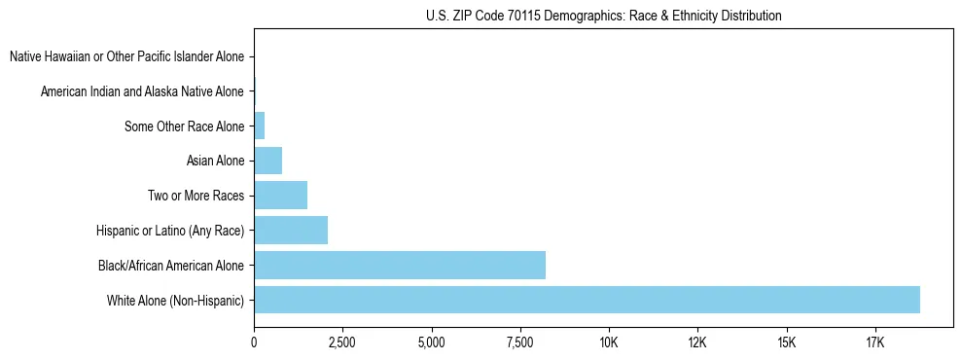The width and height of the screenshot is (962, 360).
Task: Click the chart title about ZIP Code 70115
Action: [x=603, y=16]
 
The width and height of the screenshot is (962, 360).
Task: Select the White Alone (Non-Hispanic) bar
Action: [x=587, y=300]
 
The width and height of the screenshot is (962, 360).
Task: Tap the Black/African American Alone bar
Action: [x=400, y=265]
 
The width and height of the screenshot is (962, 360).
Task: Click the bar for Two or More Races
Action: [x=280, y=195]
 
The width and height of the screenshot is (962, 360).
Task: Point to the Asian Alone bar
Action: [x=267, y=161]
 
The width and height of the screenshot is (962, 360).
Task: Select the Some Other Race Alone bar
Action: [x=259, y=126]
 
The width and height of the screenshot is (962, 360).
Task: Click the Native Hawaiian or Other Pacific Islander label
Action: [x=126, y=56]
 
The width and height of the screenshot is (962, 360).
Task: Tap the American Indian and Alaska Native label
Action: [x=142, y=91]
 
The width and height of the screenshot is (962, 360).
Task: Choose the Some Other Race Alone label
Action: [x=184, y=126]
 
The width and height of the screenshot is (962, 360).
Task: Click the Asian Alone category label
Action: [x=215, y=161]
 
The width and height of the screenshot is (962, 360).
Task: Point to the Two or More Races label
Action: [x=196, y=196]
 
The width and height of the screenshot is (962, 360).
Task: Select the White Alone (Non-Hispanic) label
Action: [x=176, y=300]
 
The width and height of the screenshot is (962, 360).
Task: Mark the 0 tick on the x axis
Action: [x=254, y=343]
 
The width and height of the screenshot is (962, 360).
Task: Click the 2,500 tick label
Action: [x=342, y=343]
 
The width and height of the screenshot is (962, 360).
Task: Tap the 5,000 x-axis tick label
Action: [x=431, y=343]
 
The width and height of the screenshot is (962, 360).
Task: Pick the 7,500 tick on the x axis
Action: [x=520, y=343]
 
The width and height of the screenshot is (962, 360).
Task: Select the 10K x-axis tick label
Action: [x=609, y=343]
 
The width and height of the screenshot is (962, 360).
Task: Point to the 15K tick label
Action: [x=787, y=343]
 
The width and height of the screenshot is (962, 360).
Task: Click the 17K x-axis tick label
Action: [x=875, y=343]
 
